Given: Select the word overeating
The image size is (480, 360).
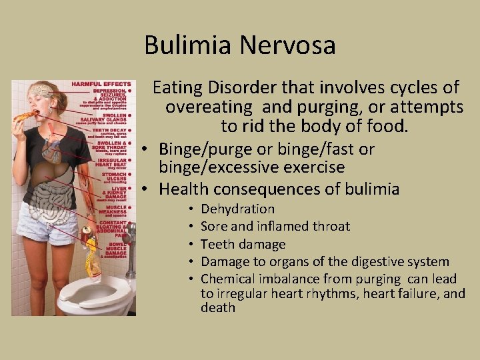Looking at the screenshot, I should tap(209, 107).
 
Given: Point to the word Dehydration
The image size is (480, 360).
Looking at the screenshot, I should tap(237, 209).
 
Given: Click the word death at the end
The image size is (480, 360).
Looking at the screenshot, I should tap(218, 307).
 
